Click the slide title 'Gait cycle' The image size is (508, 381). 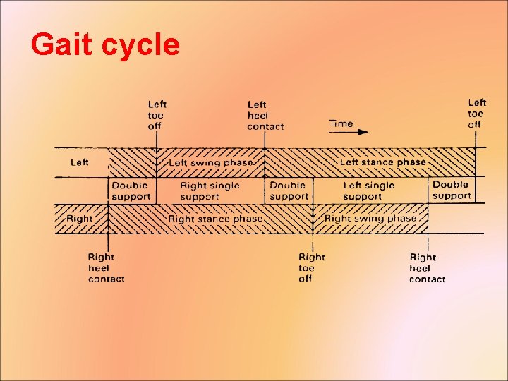(x=105, y=45)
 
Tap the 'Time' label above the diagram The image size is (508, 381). (x=341, y=124)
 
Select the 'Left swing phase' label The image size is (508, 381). (x=210, y=163)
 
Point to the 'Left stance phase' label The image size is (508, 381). (x=383, y=162)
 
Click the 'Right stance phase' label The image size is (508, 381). (x=215, y=219)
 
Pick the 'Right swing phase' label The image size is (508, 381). (x=370, y=219)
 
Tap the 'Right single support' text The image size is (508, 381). (x=210, y=191)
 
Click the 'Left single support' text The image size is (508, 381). (x=369, y=191)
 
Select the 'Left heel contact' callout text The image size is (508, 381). (x=265, y=116)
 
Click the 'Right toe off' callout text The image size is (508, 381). (x=311, y=267)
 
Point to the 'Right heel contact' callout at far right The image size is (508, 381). (x=427, y=268)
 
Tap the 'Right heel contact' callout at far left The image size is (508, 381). (x=106, y=268)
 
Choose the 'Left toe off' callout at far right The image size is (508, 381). (x=477, y=114)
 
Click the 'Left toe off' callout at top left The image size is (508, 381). (x=156, y=116)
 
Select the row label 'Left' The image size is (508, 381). (x=80, y=162)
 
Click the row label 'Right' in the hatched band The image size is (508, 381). (x=79, y=219)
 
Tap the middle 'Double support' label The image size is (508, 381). (x=289, y=191)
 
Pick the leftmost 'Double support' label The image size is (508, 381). (x=131, y=191)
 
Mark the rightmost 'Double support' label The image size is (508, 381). (x=452, y=190)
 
